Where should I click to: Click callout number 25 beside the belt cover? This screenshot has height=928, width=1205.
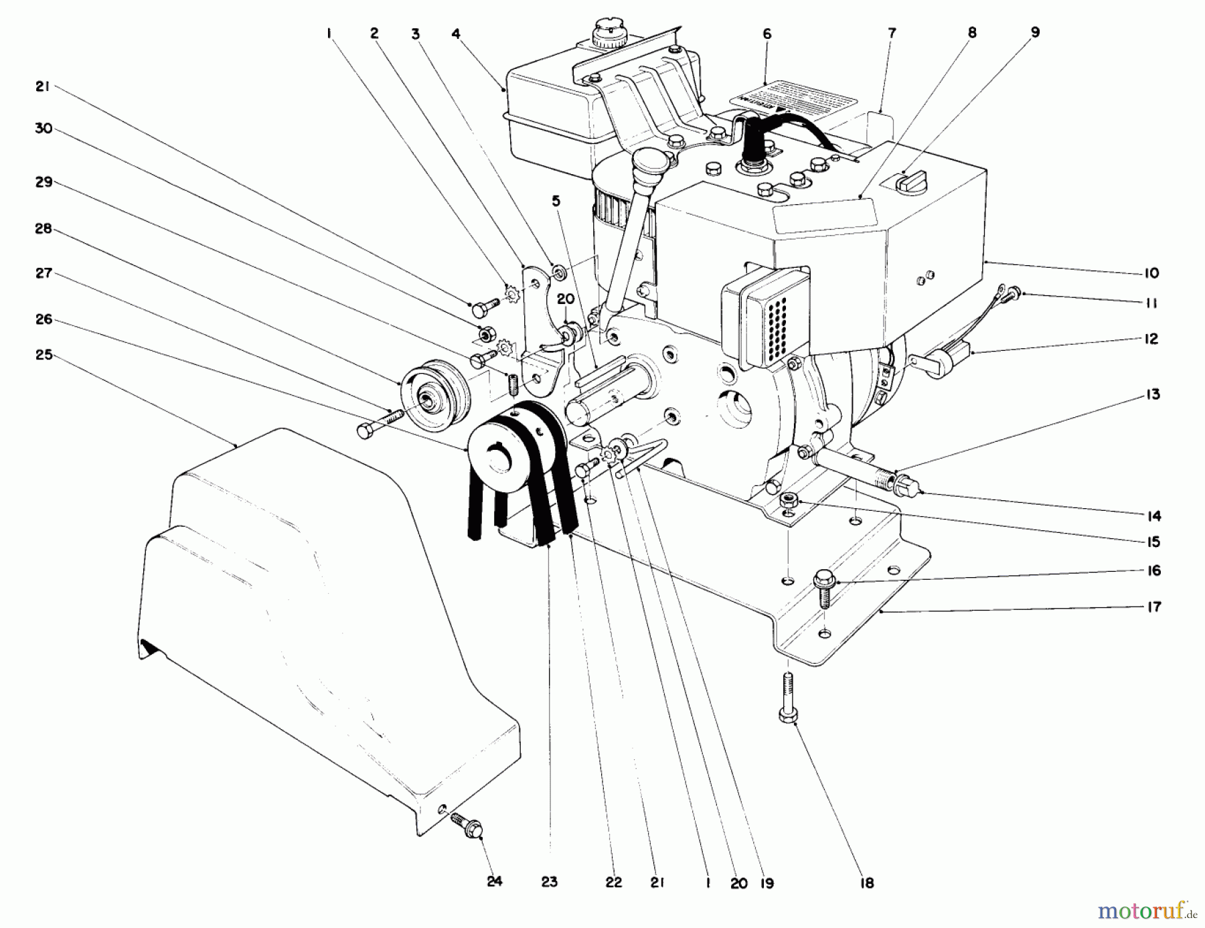44,355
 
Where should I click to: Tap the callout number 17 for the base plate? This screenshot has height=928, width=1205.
1154,607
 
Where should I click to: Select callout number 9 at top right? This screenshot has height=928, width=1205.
1035,32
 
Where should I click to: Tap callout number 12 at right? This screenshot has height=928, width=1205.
1151,339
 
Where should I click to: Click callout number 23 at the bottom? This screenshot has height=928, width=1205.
549,882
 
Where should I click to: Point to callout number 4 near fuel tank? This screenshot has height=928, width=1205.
456,33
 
